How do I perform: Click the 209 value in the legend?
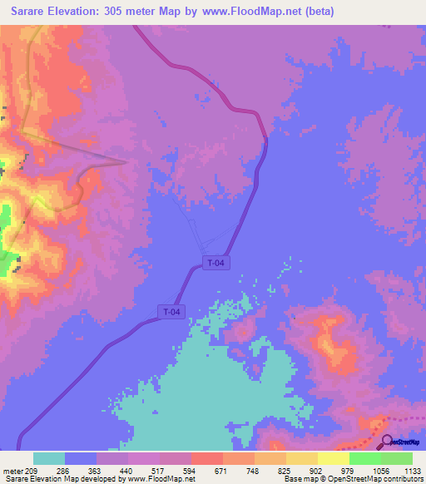click(32, 470)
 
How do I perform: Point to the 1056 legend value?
click(381, 470)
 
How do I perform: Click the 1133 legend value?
click(413, 470)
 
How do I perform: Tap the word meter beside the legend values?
click(12, 470)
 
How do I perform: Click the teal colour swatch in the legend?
click(49, 458)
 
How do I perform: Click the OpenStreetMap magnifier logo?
click(387, 441)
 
